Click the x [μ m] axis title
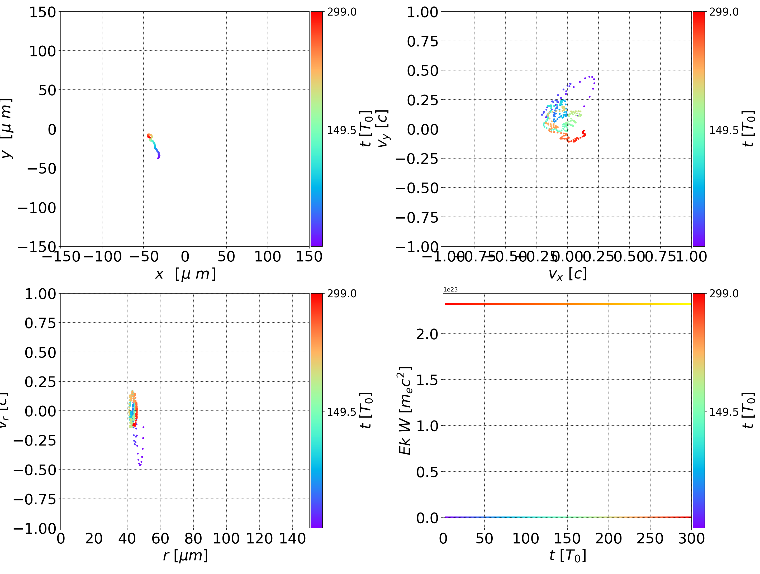click(185, 274)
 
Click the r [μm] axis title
click(185, 556)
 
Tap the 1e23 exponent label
click(450, 290)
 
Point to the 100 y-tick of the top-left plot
click(42, 51)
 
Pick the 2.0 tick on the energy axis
click(427, 334)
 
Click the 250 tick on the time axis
click(650, 538)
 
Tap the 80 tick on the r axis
click(193, 538)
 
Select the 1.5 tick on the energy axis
click(427, 380)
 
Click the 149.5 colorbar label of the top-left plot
click(341, 130)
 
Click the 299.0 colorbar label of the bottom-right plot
click(724, 294)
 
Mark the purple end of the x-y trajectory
click(158, 158)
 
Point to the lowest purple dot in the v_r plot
click(140, 465)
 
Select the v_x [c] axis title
click(567, 274)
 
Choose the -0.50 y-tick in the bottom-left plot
click(34, 470)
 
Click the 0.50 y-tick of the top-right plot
click(422, 70)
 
